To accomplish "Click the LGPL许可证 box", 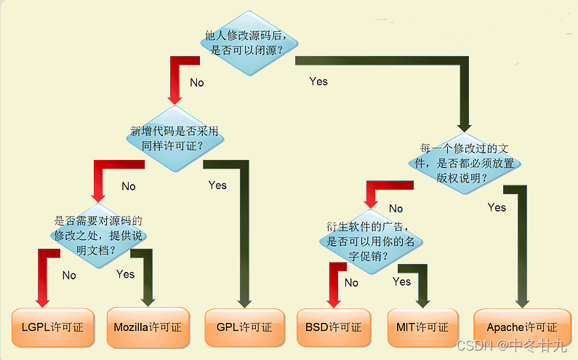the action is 52,327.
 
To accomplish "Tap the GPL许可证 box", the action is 244,327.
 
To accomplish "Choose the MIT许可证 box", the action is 422,327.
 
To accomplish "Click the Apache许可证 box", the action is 521,327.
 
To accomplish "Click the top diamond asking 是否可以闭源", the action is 247,43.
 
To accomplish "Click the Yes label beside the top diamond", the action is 318,81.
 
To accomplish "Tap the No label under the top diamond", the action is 197,82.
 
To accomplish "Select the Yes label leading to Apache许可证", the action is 497,207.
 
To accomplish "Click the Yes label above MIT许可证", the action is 401,281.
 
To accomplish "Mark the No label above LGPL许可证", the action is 69,275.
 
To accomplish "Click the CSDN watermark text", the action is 512,344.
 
